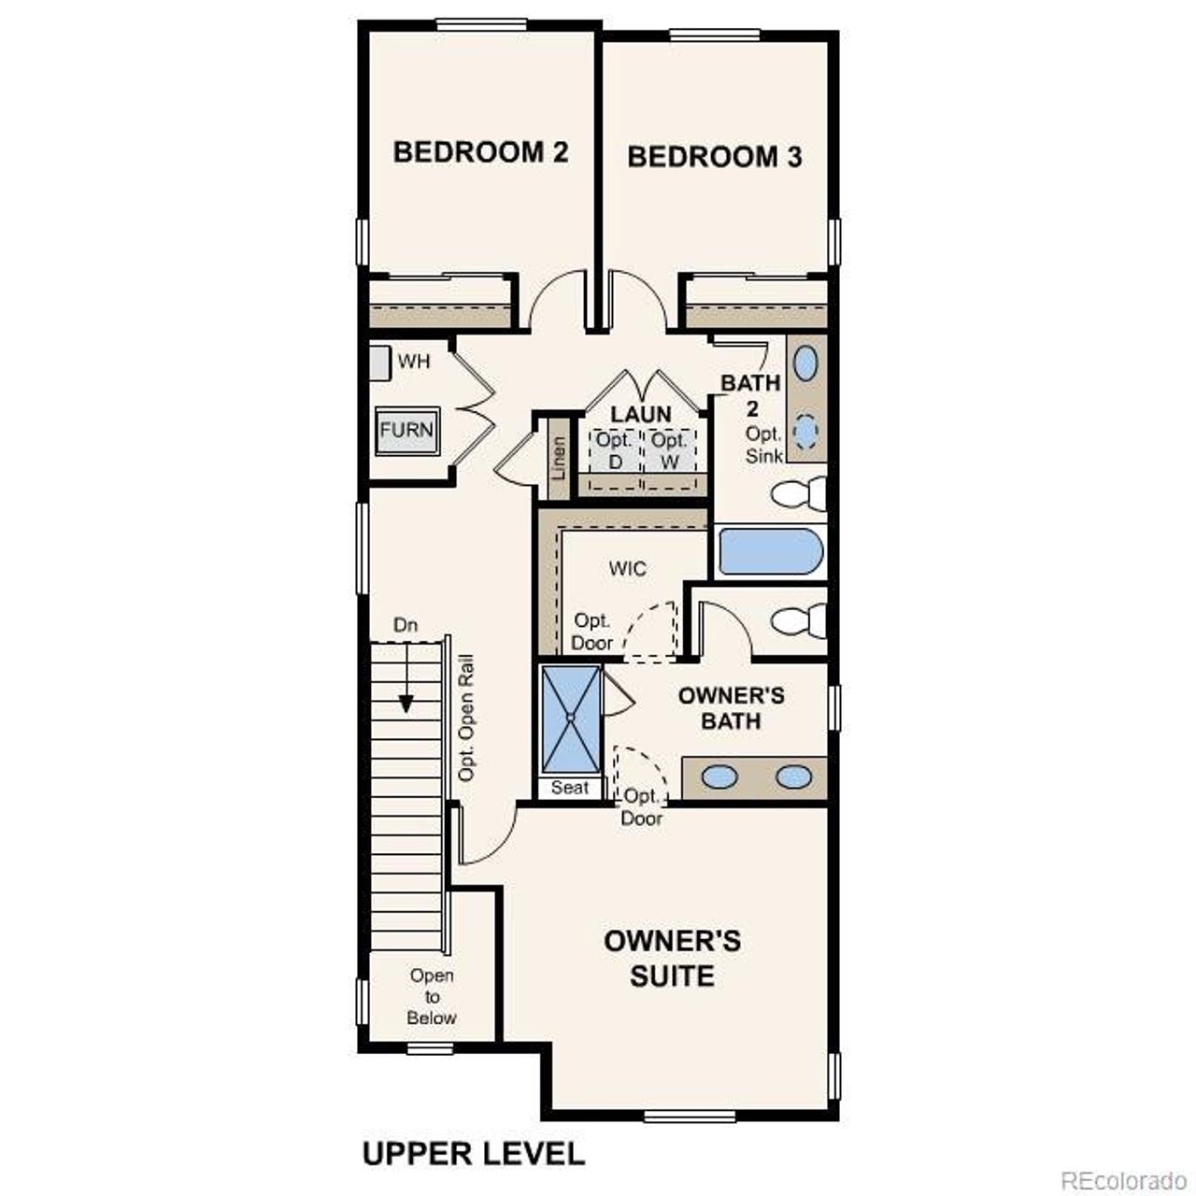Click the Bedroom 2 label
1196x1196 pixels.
tap(480, 151)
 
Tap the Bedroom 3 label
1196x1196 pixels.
tap(714, 156)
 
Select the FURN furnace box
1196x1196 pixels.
tap(406, 431)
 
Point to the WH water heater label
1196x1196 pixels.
tap(414, 361)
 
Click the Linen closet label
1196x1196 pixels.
tap(559, 459)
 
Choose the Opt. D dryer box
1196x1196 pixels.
tap(615, 451)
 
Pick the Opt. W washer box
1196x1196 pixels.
tap(669, 451)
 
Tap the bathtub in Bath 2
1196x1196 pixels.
tap(770, 551)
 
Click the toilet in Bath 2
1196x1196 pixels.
tap(800, 493)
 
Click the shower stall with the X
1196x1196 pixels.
tap(571, 719)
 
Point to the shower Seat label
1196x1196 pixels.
tap(570, 788)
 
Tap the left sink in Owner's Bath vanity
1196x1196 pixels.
tap(719, 776)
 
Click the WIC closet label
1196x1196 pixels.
tap(627, 569)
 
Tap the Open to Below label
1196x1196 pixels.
tap(432, 997)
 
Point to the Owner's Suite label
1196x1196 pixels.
tap(672, 958)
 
